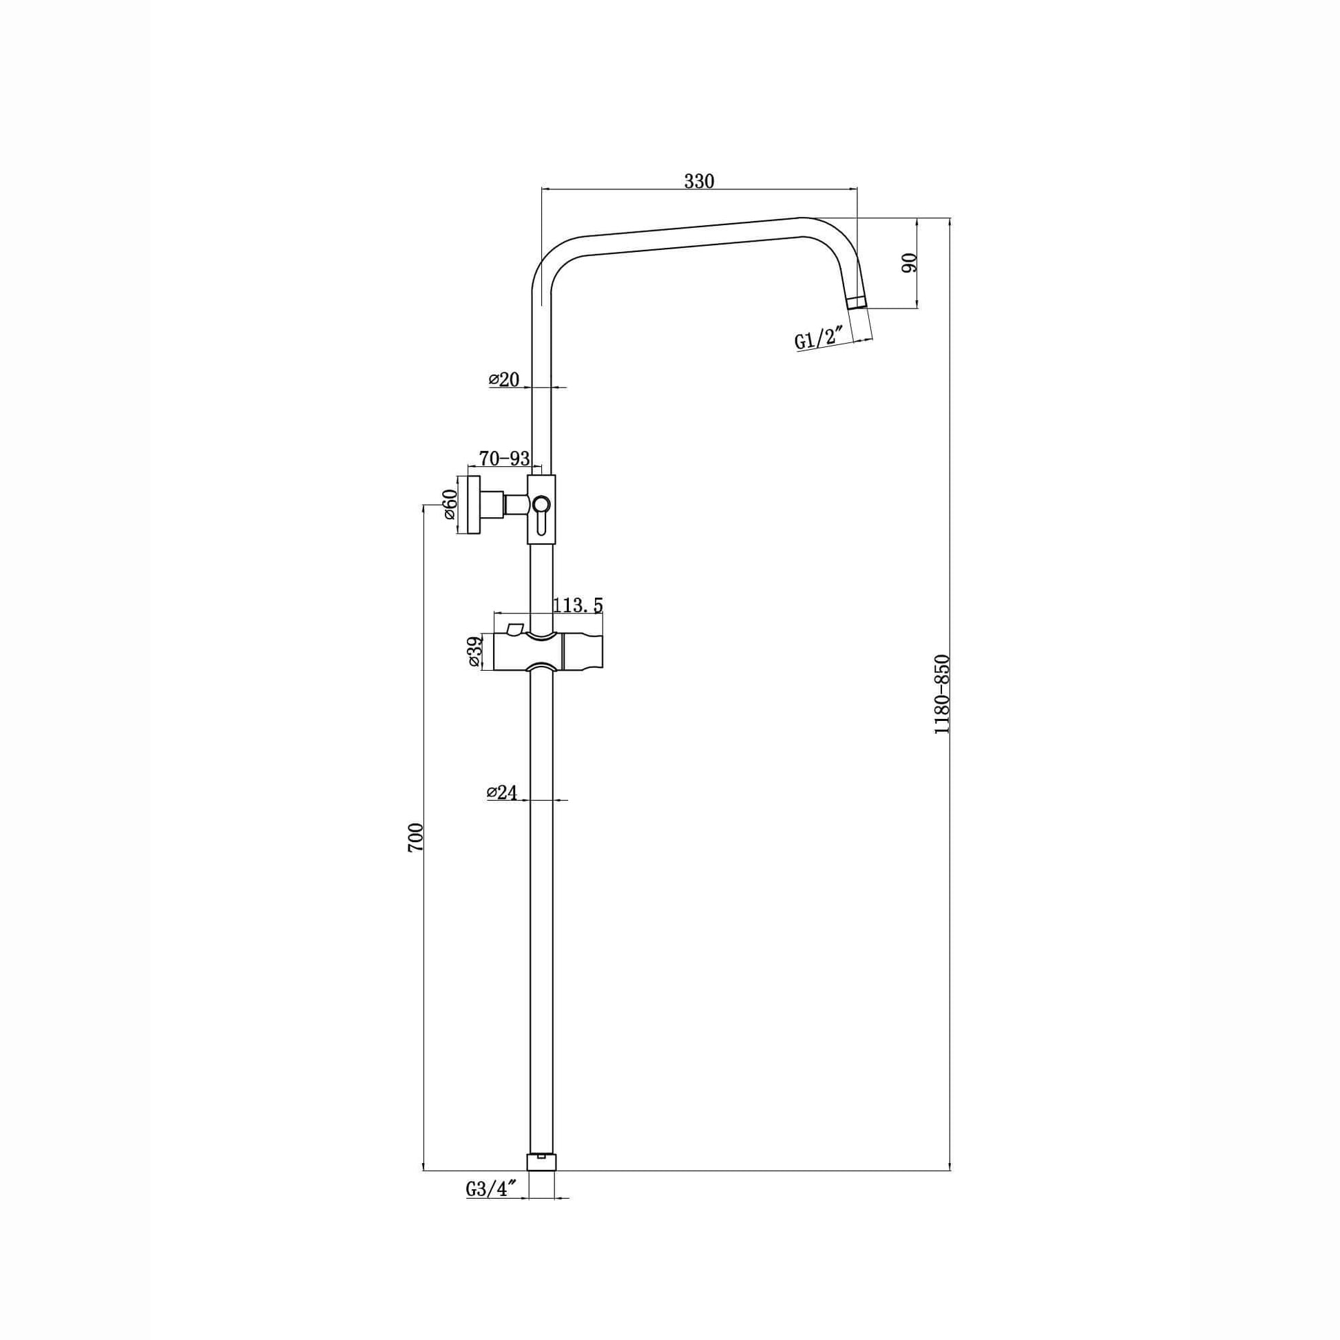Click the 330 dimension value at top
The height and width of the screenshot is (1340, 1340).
tap(698, 181)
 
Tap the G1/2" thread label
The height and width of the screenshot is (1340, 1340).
tap(819, 339)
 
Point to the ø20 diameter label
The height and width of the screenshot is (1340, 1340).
tap(504, 379)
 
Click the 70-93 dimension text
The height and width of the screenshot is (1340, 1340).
tap(504, 459)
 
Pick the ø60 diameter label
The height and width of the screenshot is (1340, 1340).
tap(450, 504)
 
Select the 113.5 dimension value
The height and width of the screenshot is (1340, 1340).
tap(578, 605)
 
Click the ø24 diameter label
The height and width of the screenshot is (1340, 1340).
tap(503, 792)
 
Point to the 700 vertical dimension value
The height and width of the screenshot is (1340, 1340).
tap(415, 837)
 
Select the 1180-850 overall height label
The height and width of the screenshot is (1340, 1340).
tap(941, 693)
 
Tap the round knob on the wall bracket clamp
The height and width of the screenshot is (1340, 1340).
tap(541, 504)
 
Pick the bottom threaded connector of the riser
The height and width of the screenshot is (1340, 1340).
tap(542, 1162)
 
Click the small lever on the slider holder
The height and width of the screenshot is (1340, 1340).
tap(514, 628)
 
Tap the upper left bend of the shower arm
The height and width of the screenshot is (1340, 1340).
tap(552, 260)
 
